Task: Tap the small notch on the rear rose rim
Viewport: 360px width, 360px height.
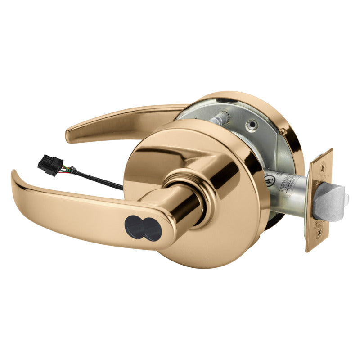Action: point(282,131)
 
